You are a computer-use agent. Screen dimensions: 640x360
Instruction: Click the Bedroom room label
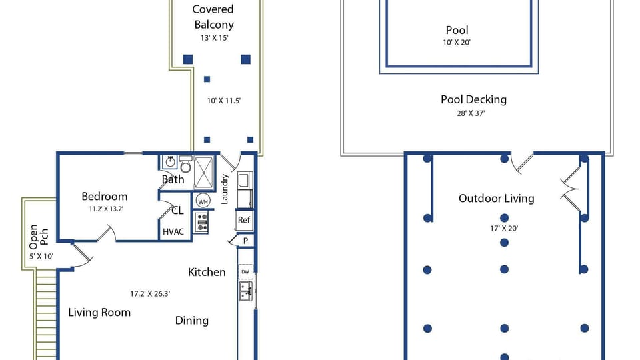[105, 196]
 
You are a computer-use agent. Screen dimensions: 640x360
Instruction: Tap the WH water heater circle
[203, 201]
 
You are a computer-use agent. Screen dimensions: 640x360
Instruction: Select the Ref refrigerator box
[244, 220]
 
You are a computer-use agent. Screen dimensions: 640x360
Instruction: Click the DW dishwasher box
[245, 271]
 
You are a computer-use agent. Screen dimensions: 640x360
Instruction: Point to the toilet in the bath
[186, 164]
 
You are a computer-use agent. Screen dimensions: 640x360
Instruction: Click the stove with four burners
[201, 223]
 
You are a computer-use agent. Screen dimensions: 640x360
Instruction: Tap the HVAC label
[173, 232]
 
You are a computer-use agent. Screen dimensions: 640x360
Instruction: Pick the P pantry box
[245, 241]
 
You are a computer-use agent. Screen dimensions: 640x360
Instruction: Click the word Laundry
[225, 189]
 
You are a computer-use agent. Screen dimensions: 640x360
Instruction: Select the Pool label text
[457, 30]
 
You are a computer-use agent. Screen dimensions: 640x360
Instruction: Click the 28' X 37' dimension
[471, 113]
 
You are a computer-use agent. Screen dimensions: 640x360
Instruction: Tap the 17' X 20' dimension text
[504, 229]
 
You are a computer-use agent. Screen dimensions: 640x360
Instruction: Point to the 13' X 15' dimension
[214, 38]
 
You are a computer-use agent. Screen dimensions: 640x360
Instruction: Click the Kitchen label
[207, 272]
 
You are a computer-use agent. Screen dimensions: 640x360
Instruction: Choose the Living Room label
[99, 313]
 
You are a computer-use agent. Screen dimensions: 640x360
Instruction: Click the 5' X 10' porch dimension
[41, 256]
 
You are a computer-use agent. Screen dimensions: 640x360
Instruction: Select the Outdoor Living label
[496, 199]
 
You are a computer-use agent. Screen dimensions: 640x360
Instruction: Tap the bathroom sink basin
[170, 162]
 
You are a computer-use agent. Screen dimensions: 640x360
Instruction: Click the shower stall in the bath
[204, 172]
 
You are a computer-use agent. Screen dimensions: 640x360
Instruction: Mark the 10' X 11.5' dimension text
[224, 101]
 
